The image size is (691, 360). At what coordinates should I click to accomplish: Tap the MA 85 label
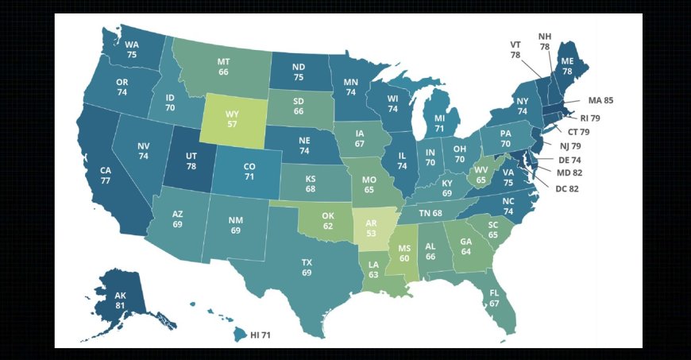600,101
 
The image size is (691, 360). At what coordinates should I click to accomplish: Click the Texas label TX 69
307,267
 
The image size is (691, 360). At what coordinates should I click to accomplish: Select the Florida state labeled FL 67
494,299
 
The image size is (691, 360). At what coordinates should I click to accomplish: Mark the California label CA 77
105,175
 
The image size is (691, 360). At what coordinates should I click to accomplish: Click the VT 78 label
515,49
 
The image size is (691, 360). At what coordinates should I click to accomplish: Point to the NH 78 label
544,41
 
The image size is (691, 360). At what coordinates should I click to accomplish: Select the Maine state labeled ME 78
567,65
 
